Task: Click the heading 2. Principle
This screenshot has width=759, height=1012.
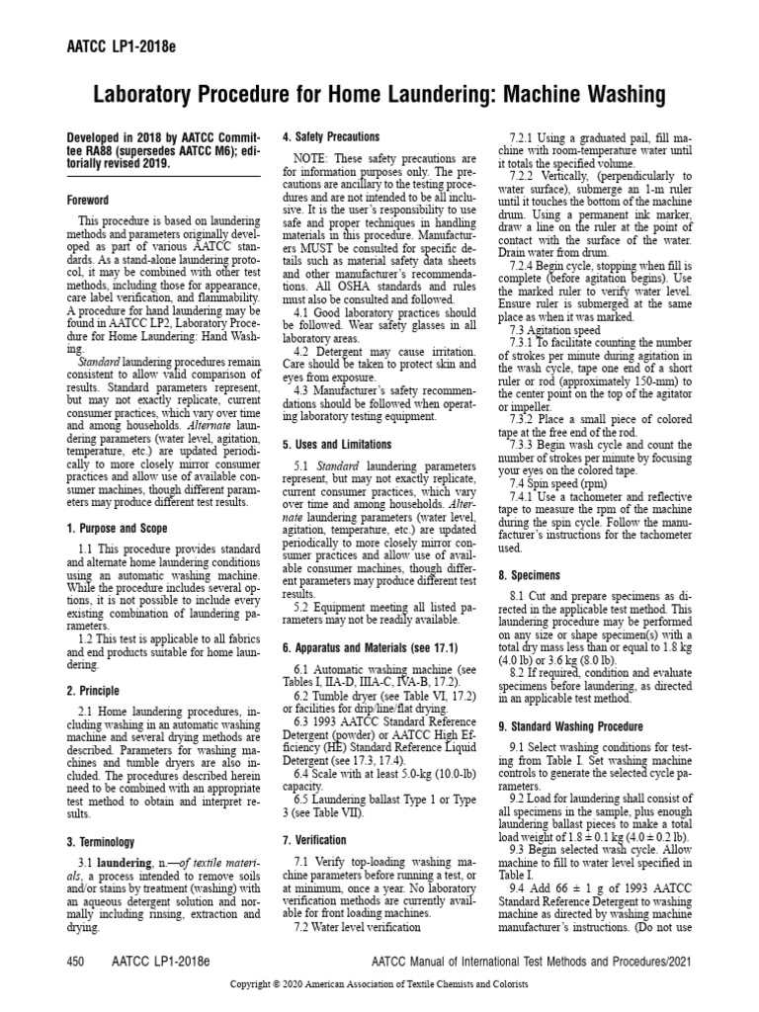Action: click(92, 691)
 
